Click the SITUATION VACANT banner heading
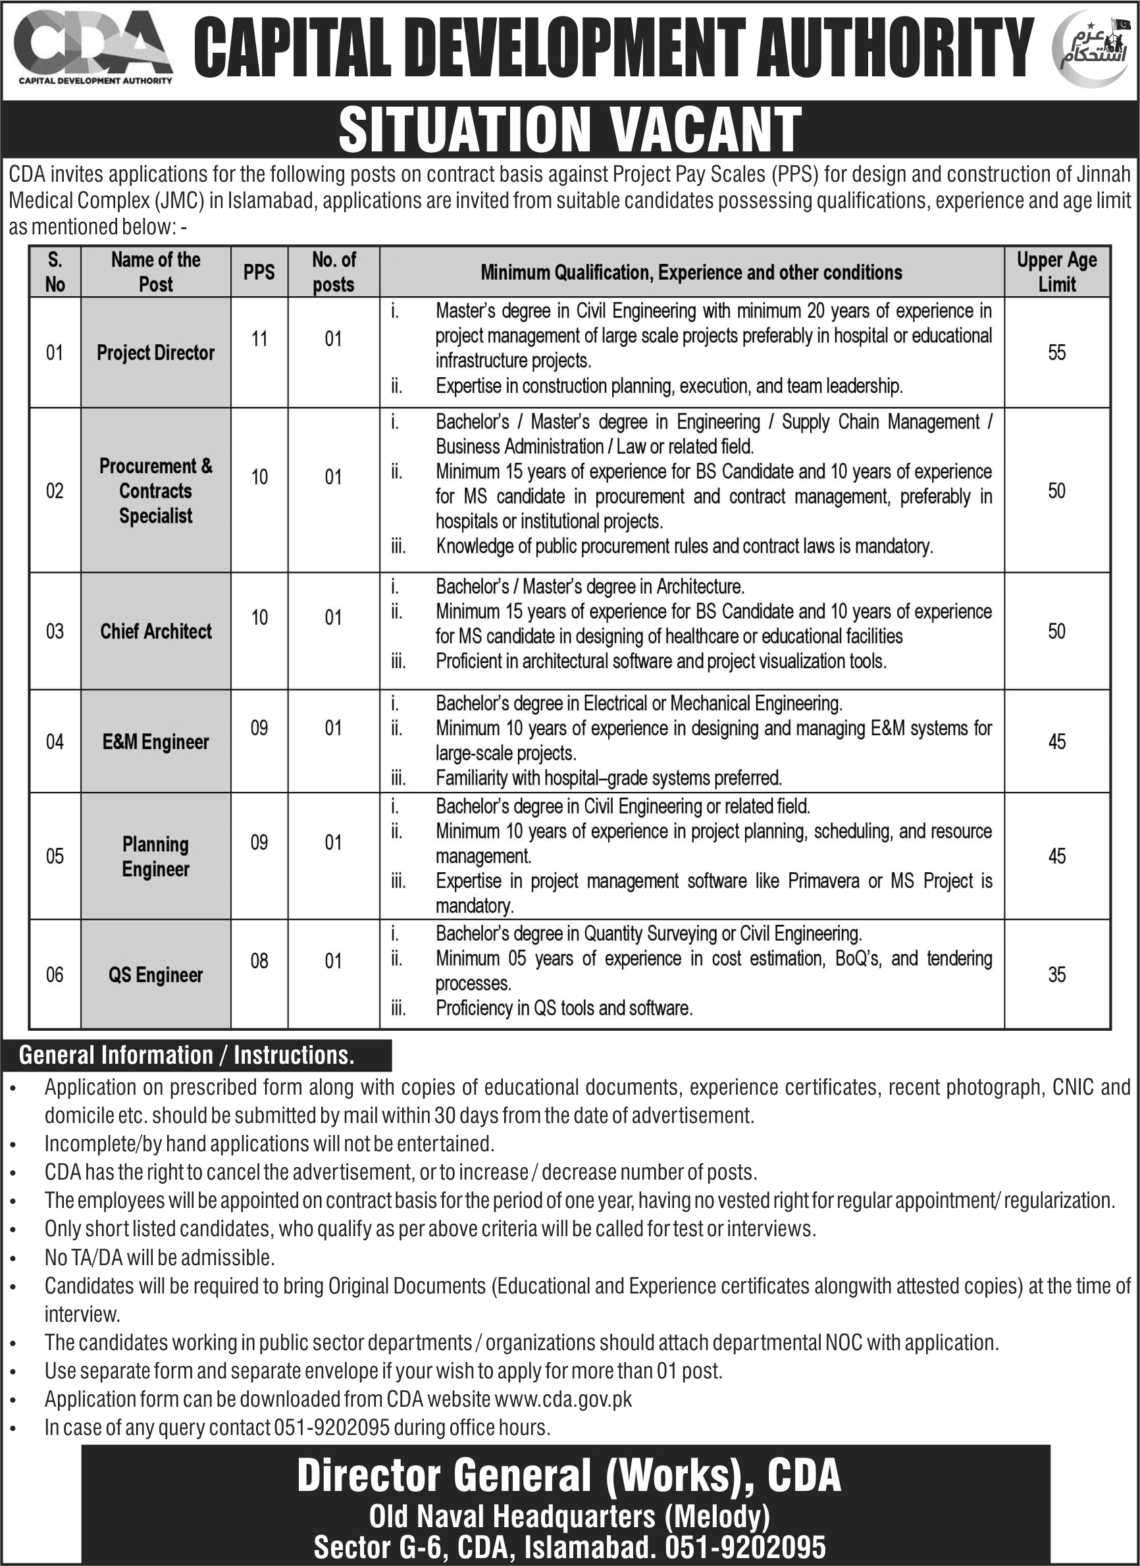pos(569,129)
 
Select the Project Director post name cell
pos(155,353)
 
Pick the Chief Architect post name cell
pos(155,631)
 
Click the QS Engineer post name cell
pos(155,975)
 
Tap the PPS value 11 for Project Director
pos(259,339)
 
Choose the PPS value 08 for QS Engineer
pos(259,961)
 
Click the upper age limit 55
pos(1056,353)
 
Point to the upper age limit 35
pos(1056,975)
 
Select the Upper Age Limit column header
pos(1056,272)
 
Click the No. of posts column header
pos(334,272)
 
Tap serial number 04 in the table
pos(55,742)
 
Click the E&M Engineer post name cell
pos(155,742)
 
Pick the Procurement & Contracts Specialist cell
pos(155,491)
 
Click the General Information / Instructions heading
pos(186,1055)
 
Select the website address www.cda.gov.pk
pos(563,1399)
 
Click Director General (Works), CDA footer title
pos(569,1476)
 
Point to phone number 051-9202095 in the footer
pos(746,1548)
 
